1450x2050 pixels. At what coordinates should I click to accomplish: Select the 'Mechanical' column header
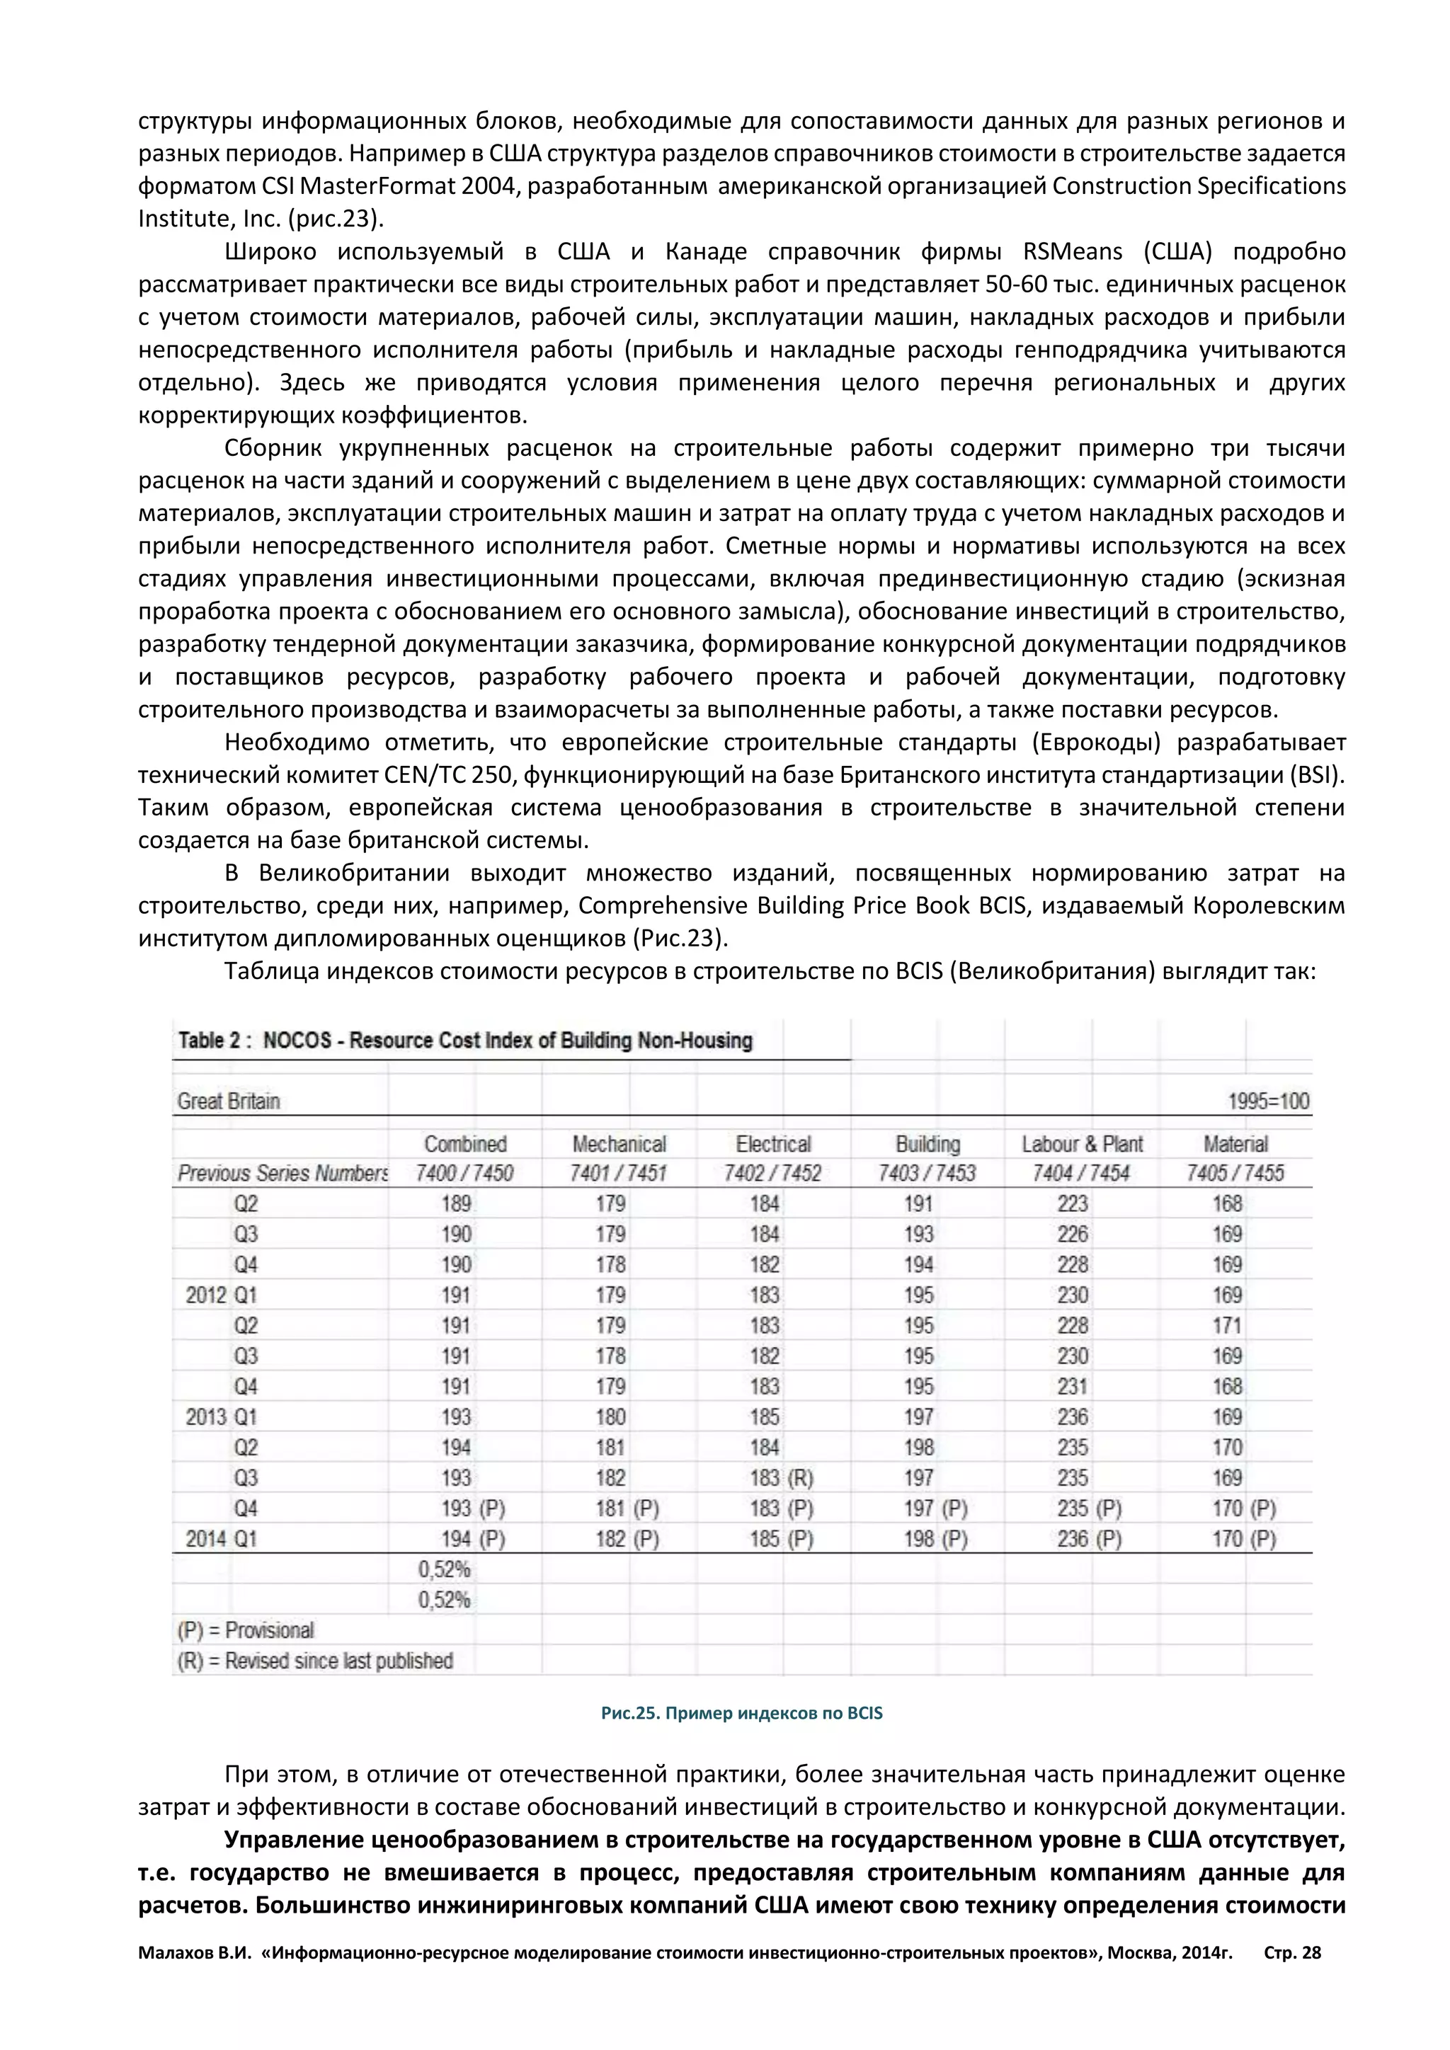pyautogui.click(x=619, y=1144)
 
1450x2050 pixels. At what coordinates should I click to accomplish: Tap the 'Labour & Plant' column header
pyautogui.click(x=1082, y=1144)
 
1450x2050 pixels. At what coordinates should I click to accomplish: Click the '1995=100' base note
pyautogui.click(x=1269, y=1101)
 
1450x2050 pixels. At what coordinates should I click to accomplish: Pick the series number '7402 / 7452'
pyautogui.click(x=772, y=1173)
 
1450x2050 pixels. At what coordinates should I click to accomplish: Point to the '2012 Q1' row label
pyautogui.click(x=222, y=1295)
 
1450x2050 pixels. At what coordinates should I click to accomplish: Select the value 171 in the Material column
pyautogui.click(x=1227, y=1325)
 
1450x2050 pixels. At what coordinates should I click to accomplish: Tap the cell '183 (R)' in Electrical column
pyautogui.click(x=780, y=1477)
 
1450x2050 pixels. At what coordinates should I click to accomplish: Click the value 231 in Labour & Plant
pyautogui.click(x=1073, y=1386)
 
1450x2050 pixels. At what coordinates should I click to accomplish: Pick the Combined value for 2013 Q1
pyautogui.click(x=456, y=1417)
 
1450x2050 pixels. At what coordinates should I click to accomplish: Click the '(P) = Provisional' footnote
pyautogui.click(x=246, y=1630)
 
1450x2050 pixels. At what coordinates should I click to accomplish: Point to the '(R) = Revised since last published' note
pyautogui.click(x=315, y=1661)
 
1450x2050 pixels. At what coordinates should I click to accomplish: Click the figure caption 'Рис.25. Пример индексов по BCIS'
pyautogui.click(x=741, y=1712)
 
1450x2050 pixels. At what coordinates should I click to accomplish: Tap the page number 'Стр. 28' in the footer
pyautogui.click(x=1292, y=1953)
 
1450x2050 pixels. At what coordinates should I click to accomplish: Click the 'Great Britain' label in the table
pyautogui.click(x=229, y=1101)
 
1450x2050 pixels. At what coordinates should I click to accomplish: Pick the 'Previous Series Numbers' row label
pyautogui.click(x=282, y=1173)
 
